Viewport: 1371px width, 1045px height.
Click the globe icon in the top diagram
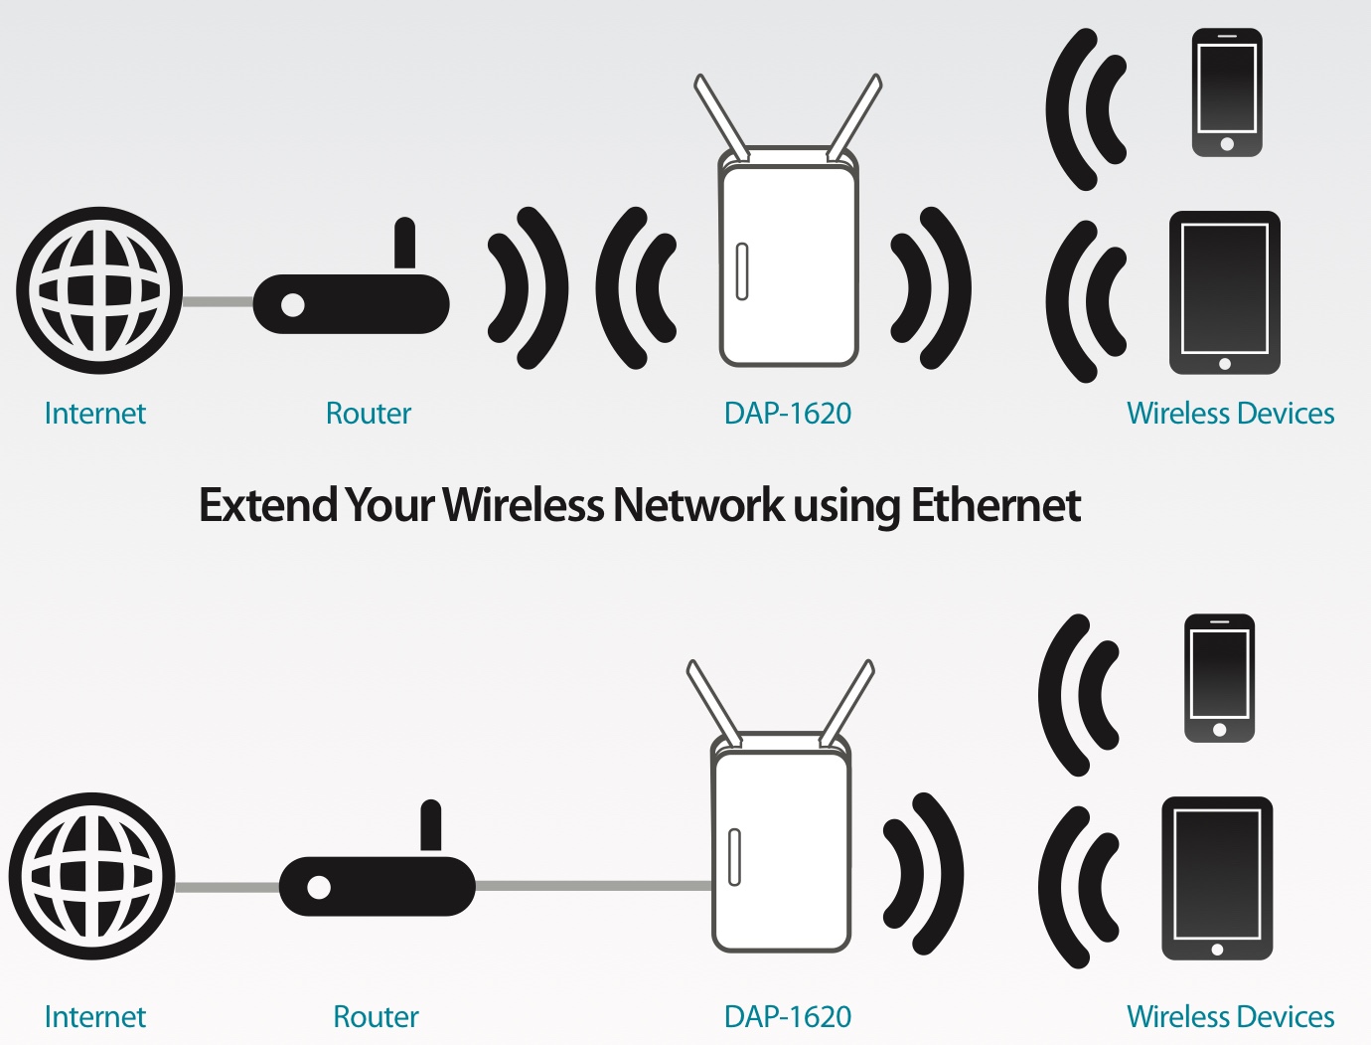(99, 290)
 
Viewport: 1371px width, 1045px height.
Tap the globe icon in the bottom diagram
(92, 876)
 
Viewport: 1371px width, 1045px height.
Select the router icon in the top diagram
(351, 302)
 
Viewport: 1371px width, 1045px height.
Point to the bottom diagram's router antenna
(430, 825)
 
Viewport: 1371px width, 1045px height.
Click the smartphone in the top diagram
(1227, 92)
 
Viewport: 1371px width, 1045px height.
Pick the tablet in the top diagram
(1224, 292)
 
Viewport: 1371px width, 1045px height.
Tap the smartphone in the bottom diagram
(1219, 678)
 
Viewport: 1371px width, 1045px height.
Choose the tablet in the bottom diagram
(1217, 878)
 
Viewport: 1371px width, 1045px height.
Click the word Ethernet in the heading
(995, 505)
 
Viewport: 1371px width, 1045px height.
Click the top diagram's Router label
(368, 414)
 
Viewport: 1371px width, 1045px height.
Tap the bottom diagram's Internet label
(94, 1017)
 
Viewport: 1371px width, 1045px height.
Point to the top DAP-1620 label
(787, 414)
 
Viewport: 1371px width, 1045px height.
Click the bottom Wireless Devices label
(1230, 1017)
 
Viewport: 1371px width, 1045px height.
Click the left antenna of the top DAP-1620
(720, 117)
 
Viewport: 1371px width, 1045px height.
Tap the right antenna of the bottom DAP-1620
(846, 702)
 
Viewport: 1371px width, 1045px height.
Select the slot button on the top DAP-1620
(741, 271)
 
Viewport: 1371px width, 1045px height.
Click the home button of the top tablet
(1224, 364)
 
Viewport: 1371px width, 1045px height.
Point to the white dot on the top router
(293, 304)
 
